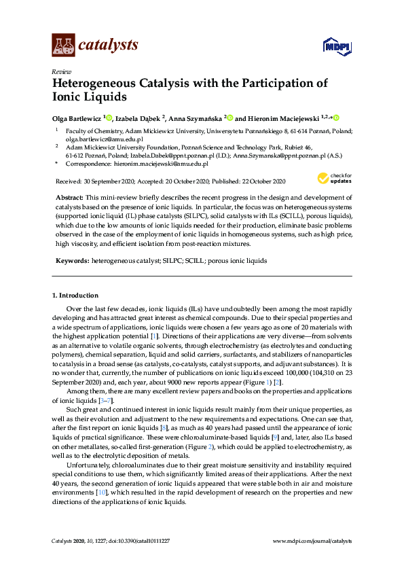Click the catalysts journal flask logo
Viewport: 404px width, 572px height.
click(63, 45)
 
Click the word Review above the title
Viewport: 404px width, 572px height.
click(60, 71)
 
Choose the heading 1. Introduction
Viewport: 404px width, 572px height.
click(75, 296)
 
